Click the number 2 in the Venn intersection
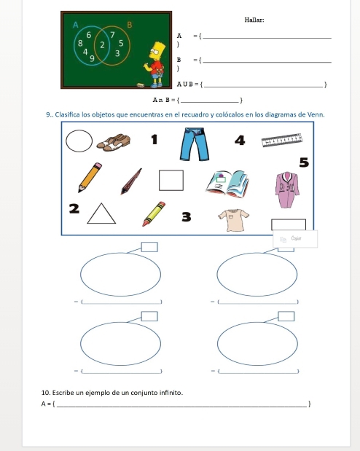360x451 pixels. point(102,45)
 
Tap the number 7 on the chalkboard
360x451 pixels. point(112,35)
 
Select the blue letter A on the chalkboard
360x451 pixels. point(75,25)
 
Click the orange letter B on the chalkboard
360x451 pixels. point(129,25)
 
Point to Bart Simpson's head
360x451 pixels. point(157,50)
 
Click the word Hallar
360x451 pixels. point(254,20)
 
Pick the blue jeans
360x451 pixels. point(195,144)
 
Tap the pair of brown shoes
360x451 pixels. point(114,142)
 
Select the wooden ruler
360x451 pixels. point(282,140)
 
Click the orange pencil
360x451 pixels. point(90,178)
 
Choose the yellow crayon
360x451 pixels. point(154,214)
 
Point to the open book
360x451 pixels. point(227,184)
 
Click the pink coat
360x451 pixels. point(287,189)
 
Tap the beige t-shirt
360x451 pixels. point(233,220)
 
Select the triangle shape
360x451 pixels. point(101,213)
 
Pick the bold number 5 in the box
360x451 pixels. point(304,162)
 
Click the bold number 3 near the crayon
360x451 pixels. point(187,217)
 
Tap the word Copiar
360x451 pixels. point(296,238)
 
